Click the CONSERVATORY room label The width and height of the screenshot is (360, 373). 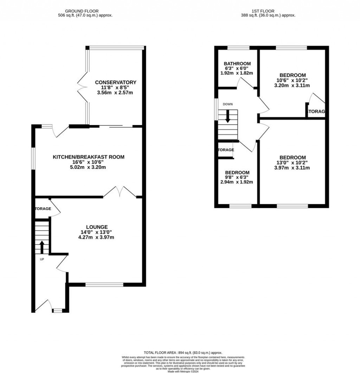[x=116, y=83]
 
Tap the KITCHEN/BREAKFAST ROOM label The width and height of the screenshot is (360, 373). [x=89, y=157]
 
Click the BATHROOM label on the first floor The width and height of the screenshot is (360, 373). [x=237, y=64]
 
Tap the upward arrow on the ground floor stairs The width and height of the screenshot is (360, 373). [x=42, y=247]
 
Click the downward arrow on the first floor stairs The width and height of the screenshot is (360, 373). [x=227, y=116]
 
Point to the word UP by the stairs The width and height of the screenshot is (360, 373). [x=42, y=259]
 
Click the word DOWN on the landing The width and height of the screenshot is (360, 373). [x=227, y=104]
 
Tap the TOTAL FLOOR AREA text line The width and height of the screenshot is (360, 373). [x=183, y=353]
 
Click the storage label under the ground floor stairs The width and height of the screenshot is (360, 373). [x=43, y=209]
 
